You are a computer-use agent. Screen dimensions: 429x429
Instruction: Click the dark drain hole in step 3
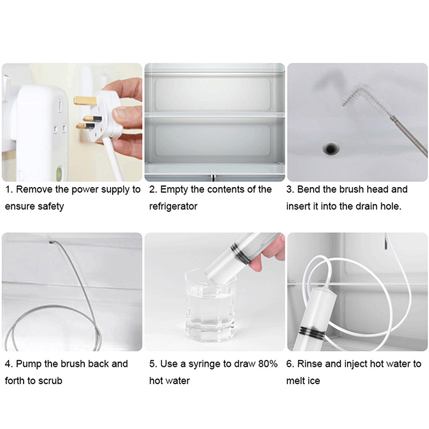coord(331,149)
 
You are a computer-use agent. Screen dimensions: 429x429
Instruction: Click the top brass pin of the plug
coord(85,101)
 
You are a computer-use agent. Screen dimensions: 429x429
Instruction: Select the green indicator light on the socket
coord(59,173)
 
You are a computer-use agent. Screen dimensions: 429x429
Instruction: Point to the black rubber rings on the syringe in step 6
coord(311,331)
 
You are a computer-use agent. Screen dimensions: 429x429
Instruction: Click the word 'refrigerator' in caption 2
coord(173,206)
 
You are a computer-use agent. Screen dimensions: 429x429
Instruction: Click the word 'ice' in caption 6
coord(314,381)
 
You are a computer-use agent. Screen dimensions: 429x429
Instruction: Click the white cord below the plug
coord(113,159)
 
